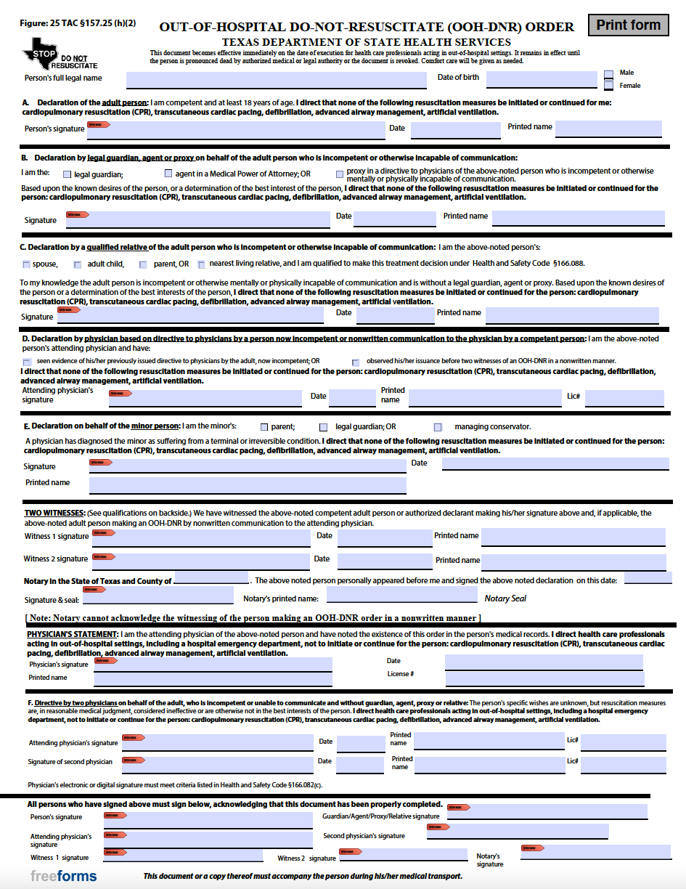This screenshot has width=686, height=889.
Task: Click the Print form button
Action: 628,25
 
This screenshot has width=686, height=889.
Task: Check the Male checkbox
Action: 609,74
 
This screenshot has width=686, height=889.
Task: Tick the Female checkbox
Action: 609,86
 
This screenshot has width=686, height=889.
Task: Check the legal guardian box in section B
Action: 68,174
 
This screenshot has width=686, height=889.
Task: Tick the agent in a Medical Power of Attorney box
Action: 168,174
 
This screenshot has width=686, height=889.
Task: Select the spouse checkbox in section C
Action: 27,264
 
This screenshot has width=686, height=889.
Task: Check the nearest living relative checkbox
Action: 201,264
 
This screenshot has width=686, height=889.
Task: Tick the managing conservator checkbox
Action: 438,427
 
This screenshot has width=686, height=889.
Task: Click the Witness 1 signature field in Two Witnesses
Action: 201,537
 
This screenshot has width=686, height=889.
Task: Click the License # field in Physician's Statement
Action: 544,678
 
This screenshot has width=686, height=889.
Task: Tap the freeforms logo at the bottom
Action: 63,876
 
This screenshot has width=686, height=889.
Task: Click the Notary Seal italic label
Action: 505,598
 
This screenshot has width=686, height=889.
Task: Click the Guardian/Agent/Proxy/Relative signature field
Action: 546,812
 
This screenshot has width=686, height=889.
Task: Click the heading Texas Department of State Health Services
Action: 366,43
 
